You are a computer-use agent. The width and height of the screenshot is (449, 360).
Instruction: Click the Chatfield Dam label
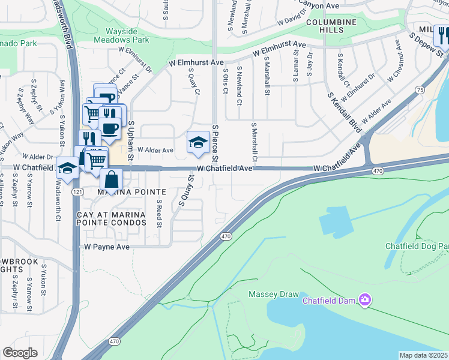tap(328, 300)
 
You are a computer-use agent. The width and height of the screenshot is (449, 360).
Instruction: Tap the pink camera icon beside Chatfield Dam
tap(364, 299)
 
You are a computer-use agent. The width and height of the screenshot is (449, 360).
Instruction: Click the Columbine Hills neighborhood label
tap(331, 27)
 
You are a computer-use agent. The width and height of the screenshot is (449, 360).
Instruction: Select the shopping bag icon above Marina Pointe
tap(112, 178)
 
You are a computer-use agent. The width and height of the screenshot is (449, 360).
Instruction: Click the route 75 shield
tap(419, 89)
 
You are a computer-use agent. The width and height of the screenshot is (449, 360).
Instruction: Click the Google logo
tap(20, 353)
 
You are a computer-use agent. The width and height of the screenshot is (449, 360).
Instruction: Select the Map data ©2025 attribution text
tap(423, 355)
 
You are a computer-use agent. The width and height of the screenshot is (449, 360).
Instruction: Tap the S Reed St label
tap(160, 214)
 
